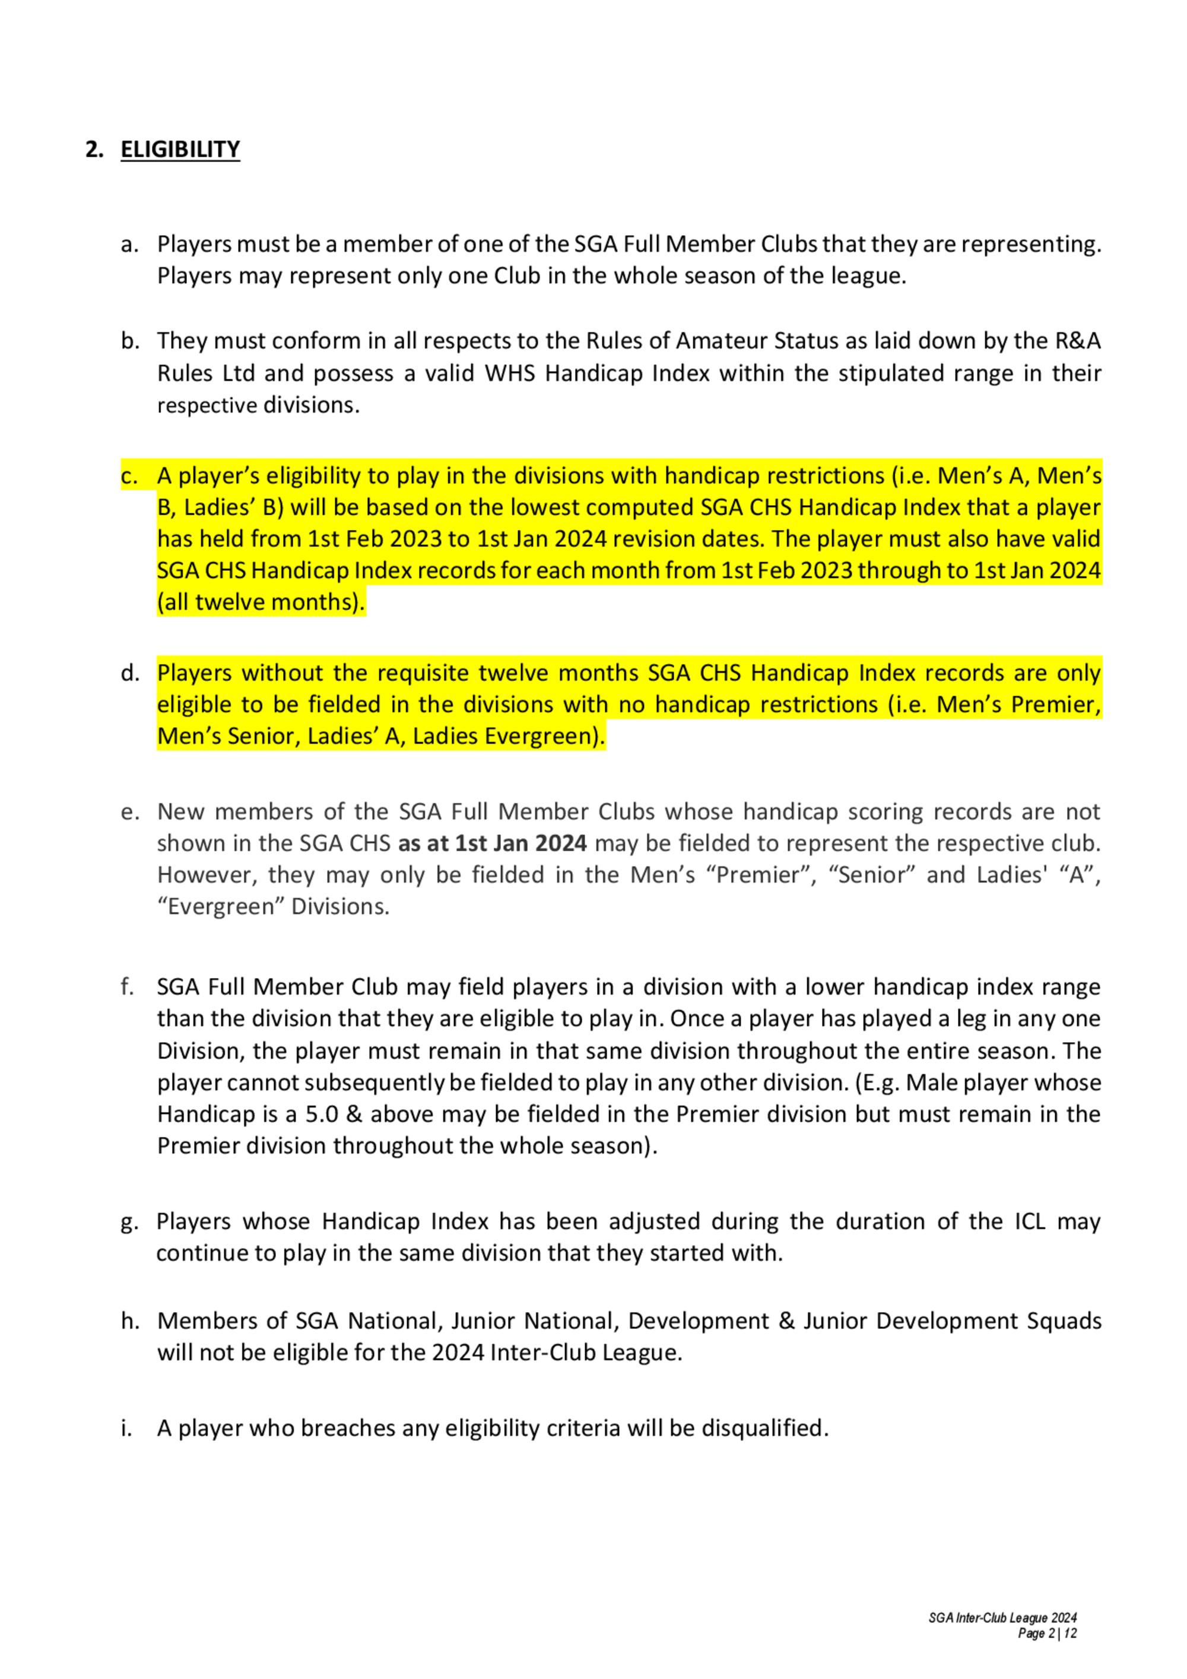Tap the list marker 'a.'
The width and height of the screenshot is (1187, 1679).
pos(129,245)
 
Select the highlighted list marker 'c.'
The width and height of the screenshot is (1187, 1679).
pos(129,476)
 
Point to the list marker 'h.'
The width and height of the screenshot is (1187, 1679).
pos(129,1321)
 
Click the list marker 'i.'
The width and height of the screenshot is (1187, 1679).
pos(126,1427)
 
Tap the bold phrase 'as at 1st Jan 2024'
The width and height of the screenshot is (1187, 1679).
pos(492,843)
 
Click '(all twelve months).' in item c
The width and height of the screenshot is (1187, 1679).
pos(261,602)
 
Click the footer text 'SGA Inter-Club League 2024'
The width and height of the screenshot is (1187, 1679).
pos(1002,1618)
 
